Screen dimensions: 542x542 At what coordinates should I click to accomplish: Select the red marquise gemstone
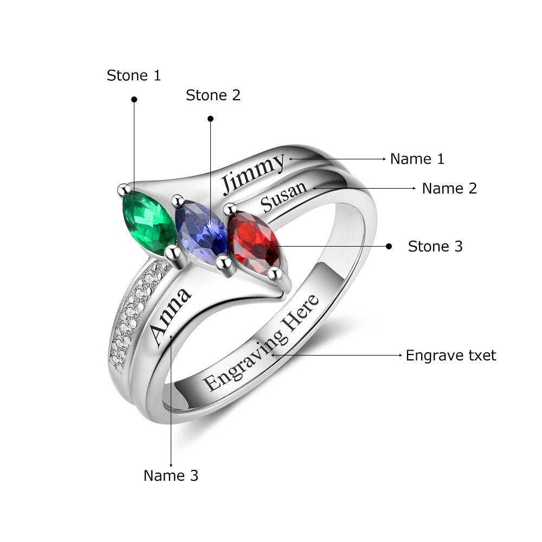pyautogui.click(x=254, y=243)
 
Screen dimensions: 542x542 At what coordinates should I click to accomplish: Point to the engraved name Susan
pyautogui.click(x=283, y=197)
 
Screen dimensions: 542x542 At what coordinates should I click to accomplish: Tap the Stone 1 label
pyautogui.click(x=134, y=75)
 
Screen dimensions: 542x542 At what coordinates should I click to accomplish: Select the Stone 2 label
pyautogui.click(x=213, y=95)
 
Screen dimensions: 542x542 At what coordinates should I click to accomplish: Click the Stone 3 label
pyautogui.click(x=435, y=247)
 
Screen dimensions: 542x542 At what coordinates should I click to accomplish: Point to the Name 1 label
pyautogui.click(x=417, y=159)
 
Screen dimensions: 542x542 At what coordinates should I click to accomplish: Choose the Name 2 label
pyautogui.click(x=449, y=189)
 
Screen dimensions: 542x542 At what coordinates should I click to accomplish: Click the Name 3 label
pyautogui.click(x=171, y=476)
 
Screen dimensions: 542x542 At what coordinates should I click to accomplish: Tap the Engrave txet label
pyautogui.click(x=451, y=356)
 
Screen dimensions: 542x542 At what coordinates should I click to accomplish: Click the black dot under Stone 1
pyautogui.click(x=134, y=100)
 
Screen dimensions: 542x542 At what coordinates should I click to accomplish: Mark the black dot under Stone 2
pyautogui.click(x=210, y=119)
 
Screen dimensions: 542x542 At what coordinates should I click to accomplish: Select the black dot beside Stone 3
pyautogui.click(x=389, y=246)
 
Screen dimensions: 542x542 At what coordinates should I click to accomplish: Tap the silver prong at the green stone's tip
pyautogui.click(x=124, y=189)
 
